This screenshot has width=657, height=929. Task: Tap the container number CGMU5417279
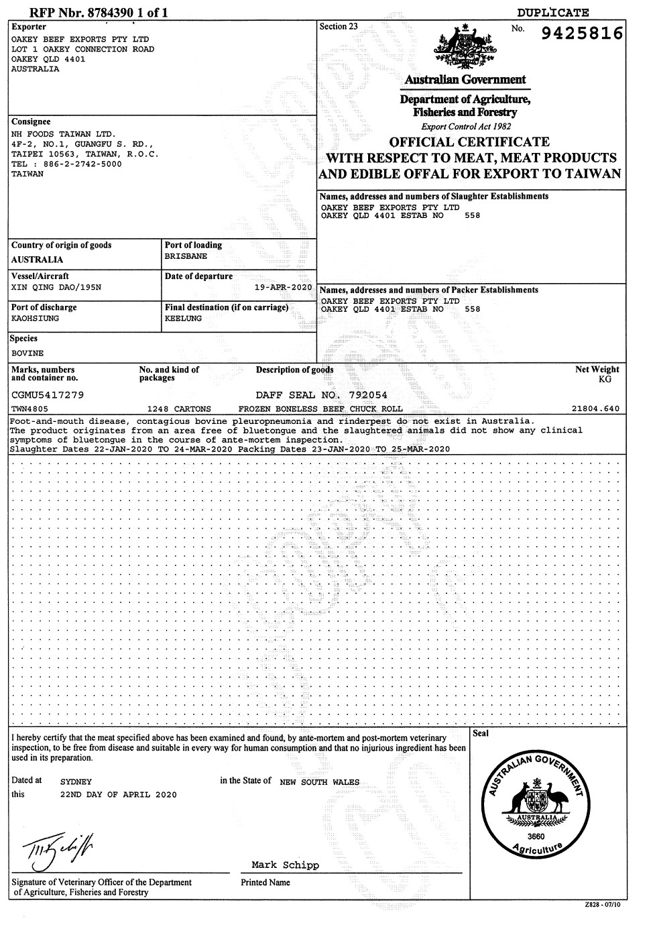(x=48, y=395)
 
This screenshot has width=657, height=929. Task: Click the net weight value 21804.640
(x=595, y=408)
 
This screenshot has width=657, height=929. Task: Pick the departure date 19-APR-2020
(x=284, y=287)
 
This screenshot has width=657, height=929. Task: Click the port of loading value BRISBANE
(x=186, y=256)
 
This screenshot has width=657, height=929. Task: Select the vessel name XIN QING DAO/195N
(x=57, y=287)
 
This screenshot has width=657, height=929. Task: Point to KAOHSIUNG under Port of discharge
(x=35, y=319)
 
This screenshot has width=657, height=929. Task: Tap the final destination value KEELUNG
(x=183, y=319)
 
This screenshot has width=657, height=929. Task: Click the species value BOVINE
(x=28, y=352)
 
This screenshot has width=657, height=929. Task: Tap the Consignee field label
(x=31, y=122)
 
